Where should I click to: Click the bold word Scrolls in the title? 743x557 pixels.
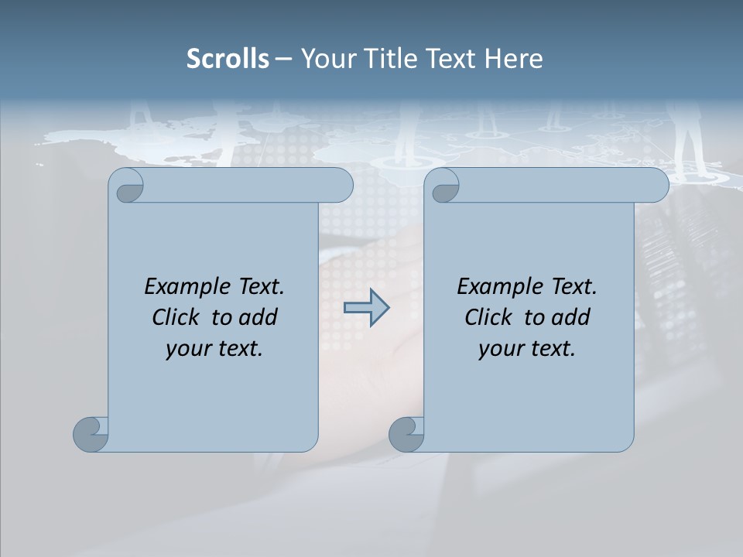point(228,59)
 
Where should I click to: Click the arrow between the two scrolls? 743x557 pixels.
point(366,308)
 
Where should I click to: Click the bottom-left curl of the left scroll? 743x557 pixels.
point(91,433)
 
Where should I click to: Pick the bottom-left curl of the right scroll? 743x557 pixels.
point(406,433)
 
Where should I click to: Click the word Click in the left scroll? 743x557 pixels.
point(176,318)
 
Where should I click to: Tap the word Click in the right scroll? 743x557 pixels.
point(488,318)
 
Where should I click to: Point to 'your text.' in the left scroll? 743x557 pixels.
point(214,349)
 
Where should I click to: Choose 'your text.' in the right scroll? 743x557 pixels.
point(527,349)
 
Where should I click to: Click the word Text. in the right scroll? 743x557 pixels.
point(573,287)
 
